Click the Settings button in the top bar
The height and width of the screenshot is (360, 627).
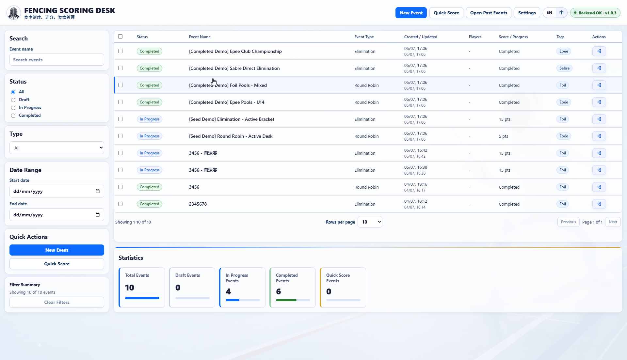tap(527, 13)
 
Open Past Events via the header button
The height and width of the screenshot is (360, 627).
tap(489, 13)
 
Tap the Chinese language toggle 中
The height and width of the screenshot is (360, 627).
tap(561, 13)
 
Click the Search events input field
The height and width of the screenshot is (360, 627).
tap(57, 60)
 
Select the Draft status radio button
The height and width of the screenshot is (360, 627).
tap(13, 100)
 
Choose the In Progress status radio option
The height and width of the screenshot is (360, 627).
tap(13, 108)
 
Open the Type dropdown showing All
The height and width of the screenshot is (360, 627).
tap(57, 148)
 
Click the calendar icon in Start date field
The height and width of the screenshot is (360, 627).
tap(98, 191)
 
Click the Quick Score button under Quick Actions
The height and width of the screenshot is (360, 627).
tap(57, 264)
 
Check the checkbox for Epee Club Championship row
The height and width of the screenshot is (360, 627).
tap(121, 51)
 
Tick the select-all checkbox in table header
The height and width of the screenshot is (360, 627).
tap(121, 37)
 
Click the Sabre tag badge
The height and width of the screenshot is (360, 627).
tap(564, 68)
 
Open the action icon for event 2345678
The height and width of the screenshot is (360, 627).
tap(599, 204)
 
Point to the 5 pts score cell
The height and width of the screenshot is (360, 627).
tap(504, 136)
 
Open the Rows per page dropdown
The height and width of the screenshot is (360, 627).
tap(370, 222)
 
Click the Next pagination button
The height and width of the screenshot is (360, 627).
tap(613, 222)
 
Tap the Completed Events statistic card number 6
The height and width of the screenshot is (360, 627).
tap(279, 291)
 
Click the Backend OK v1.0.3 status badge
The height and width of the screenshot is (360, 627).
tap(595, 13)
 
